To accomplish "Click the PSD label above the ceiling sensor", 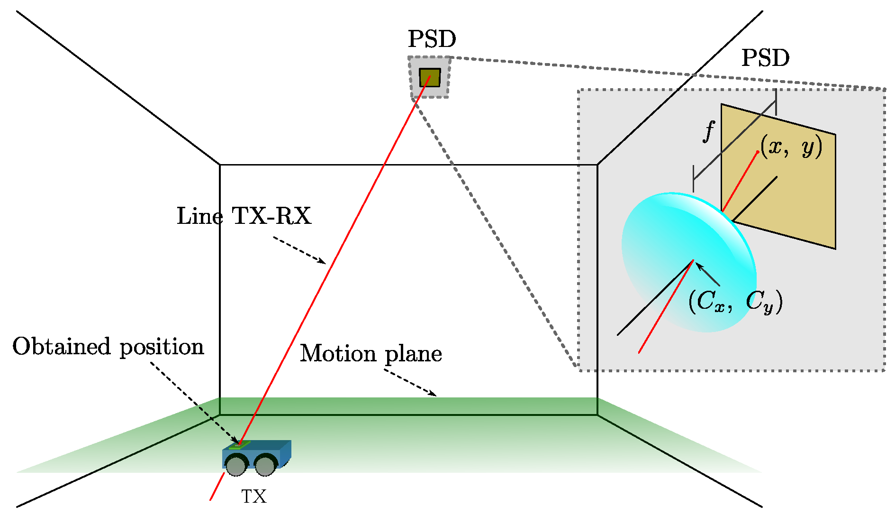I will pyautogui.click(x=432, y=39).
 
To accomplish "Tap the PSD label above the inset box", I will pyautogui.click(x=765, y=58).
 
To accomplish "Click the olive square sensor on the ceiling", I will pyautogui.click(x=430, y=77).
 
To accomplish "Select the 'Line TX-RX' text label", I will pyautogui.click(x=244, y=216).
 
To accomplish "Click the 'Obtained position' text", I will pyautogui.click(x=108, y=347).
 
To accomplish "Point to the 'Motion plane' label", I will pyautogui.click(x=371, y=354).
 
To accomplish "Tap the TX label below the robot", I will pyautogui.click(x=254, y=497).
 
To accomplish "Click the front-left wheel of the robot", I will pyautogui.click(x=236, y=465).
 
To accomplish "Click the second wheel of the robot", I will pyautogui.click(x=265, y=465).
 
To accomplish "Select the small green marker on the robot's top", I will pyautogui.click(x=240, y=445).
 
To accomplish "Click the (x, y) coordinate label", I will pyautogui.click(x=791, y=147).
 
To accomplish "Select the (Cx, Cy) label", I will pyautogui.click(x=735, y=301).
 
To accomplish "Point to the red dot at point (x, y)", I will pyautogui.click(x=758, y=152).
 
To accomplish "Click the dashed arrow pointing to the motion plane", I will pyautogui.click(x=410, y=383).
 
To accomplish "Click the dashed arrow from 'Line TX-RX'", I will pyautogui.click(x=299, y=250).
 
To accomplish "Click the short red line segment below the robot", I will pyautogui.click(x=217, y=486).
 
